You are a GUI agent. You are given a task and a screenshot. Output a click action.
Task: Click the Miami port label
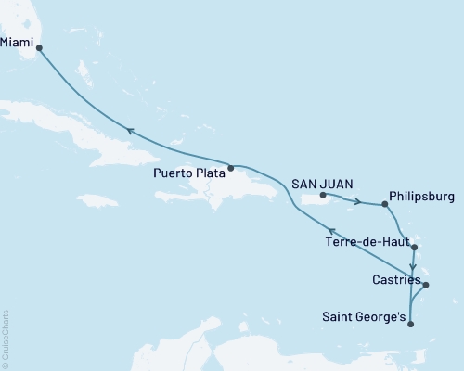19,42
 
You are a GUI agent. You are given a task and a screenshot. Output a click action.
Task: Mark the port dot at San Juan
322,196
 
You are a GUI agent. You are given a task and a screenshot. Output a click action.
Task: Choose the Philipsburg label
421,197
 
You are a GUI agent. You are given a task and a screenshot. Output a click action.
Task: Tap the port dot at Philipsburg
385,205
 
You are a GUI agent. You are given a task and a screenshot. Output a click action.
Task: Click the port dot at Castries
425,285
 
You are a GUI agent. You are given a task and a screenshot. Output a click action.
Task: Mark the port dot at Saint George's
410,324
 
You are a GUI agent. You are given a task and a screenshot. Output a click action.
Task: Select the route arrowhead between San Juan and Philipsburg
357,201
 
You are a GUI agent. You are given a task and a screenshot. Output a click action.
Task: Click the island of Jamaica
97,200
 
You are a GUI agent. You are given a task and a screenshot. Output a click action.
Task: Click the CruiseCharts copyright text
6,338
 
